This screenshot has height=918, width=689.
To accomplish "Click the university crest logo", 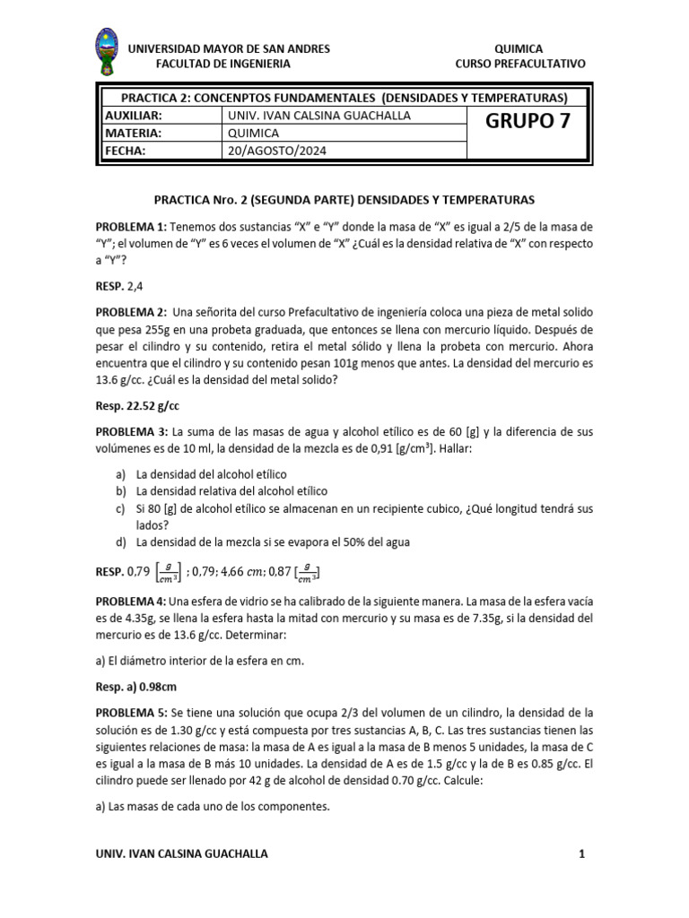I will tap(108, 55).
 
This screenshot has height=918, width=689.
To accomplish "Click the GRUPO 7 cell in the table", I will tap(528, 124).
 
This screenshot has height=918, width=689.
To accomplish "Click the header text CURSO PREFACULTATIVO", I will tap(520, 64).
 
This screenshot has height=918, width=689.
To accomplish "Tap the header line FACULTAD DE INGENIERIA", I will tap(222, 64).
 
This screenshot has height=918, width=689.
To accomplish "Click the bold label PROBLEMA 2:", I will tap(131, 312).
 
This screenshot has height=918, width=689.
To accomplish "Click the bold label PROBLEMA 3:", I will tap(131, 433).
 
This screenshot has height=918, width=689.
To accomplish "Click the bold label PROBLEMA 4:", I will tap(131, 601).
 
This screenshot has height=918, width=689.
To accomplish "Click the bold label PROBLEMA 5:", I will tap(131, 713).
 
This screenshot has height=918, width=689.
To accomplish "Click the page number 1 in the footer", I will tap(581, 853).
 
